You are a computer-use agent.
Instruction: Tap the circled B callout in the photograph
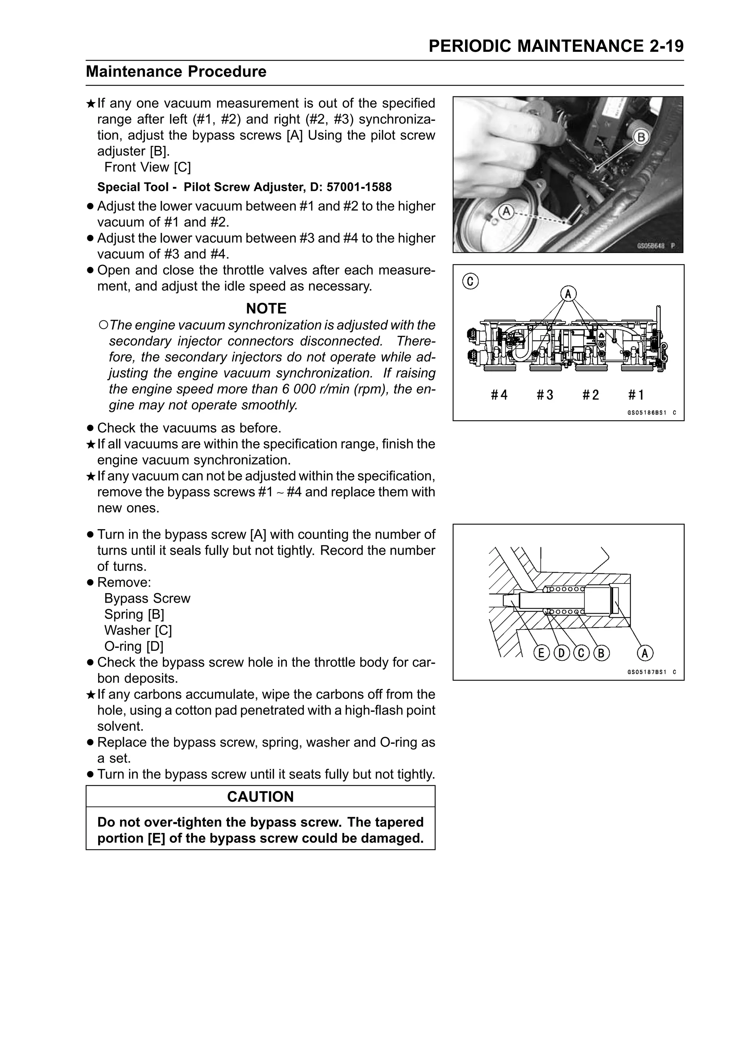(x=641, y=137)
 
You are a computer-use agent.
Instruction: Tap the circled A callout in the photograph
(x=506, y=211)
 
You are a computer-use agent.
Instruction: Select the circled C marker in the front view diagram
(x=470, y=282)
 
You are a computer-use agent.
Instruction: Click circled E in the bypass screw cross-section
(x=540, y=653)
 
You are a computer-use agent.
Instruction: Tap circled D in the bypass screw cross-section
(x=561, y=653)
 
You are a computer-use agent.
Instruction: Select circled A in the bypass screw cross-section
(x=645, y=653)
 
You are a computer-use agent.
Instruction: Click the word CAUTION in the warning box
(x=260, y=796)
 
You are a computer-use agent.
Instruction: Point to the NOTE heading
(x=266, y=309)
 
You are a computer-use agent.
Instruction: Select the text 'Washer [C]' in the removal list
(x=138, y=630)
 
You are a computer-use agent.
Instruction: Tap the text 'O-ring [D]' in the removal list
(x=134, y=646)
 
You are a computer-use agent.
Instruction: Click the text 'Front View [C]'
(x=147, y=167)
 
